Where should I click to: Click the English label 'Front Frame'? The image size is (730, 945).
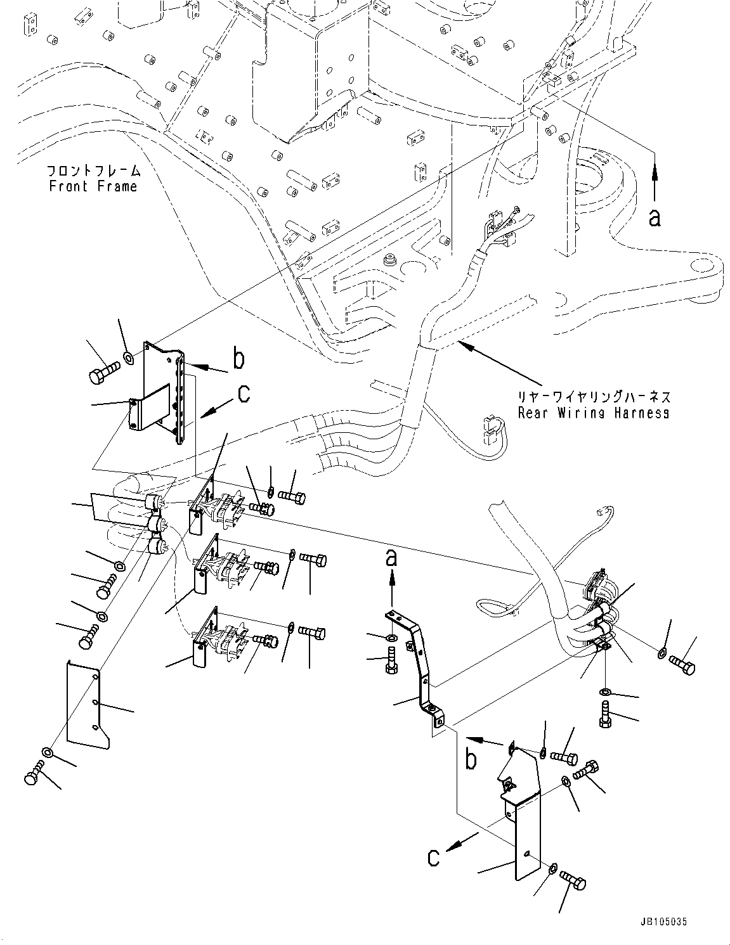tap(93, 186)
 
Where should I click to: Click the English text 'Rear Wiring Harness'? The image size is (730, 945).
tap(593, 413)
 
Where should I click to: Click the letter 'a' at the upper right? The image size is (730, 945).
tap(655, 217)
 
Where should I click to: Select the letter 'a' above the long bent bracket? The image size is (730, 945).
tap(392, 558)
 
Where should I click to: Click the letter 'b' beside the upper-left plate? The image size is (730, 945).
tap(238, 359)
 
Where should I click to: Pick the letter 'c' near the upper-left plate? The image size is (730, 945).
tap(243, 394)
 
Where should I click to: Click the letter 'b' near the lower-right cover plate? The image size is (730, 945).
tap(470, 759)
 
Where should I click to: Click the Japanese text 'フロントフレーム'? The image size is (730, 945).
tap(93, 171)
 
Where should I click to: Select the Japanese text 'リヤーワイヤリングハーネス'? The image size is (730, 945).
tap(593, 397)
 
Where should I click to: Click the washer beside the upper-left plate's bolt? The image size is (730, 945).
tap(129, 359)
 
